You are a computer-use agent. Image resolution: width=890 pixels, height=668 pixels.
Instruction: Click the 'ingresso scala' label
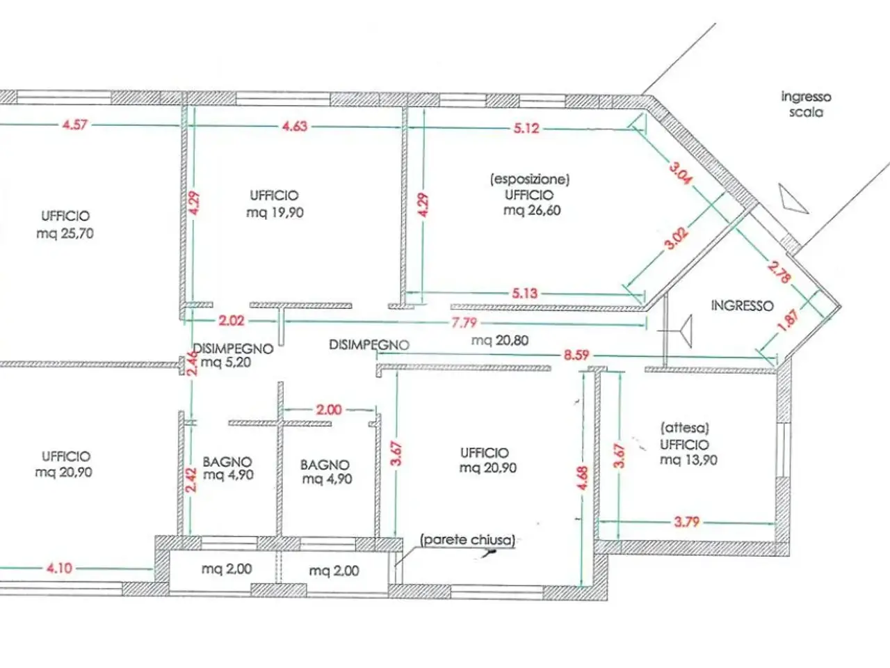tap(806, 104)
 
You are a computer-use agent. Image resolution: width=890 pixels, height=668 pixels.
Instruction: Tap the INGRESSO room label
tap(743, 305)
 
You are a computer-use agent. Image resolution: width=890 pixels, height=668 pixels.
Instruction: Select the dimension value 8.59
tap(576, 355)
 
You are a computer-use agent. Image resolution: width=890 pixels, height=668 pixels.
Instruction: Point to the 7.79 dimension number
tap(464, 322)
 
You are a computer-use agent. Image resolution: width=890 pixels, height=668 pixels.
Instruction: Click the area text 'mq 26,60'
tap(532, 211)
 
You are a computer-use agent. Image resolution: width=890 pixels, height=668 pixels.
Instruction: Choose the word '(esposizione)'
tap(530, 180)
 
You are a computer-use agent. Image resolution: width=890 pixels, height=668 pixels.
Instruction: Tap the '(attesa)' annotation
tap(685, 428)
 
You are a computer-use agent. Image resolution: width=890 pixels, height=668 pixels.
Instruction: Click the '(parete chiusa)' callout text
tap(467, 540)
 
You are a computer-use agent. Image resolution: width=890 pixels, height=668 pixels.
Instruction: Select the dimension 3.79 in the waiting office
tap(687, 522)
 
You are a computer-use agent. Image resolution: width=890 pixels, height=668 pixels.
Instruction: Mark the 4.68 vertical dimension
tap(582, 478)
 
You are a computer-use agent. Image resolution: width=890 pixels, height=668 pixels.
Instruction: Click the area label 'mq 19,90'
tap(275, 212)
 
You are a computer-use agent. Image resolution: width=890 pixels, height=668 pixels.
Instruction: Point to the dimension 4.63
tap(295, 126)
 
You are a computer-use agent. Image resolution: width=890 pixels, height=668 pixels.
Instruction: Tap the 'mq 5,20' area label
tap(226, 362)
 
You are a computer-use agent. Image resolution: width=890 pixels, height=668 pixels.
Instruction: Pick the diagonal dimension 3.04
tap(681, 173)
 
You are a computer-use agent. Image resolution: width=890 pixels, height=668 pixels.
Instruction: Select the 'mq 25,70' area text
tap(65, 233)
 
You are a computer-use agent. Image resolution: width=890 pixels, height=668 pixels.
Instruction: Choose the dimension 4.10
tap(59, 568)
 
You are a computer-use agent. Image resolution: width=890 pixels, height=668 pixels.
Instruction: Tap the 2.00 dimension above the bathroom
tap(329, 410)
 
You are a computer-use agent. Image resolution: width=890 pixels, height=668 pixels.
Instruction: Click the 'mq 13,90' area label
tap(688, 460)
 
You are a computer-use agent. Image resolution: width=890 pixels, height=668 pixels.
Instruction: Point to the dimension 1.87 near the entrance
tap(788, 320)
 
